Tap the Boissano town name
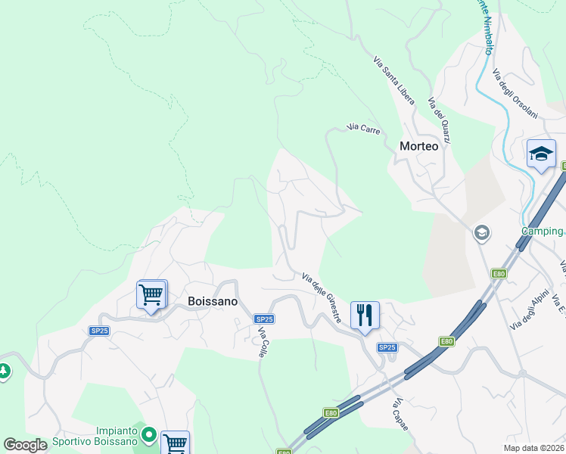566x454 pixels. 213,301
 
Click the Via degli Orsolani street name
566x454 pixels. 515,94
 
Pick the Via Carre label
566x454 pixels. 363,129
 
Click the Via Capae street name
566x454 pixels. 400,415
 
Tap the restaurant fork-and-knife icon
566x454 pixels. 365,316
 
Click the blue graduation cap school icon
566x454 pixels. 541,154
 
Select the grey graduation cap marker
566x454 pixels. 481,233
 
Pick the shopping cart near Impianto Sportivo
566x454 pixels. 175,443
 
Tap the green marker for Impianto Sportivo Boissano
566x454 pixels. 149,436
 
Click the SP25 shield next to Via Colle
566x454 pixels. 263,319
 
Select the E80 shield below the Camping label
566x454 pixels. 498,274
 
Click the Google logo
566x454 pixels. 26,445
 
